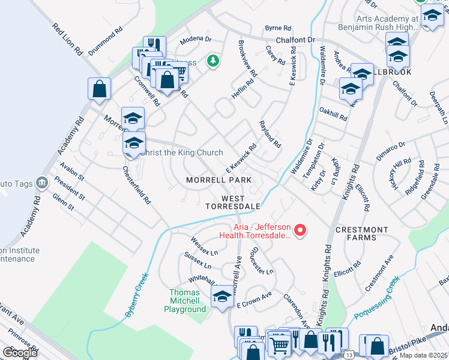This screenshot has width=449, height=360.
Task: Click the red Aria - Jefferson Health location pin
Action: (301, 230)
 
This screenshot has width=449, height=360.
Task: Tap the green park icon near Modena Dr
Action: (212, 61)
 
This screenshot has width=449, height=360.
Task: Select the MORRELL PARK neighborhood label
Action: (218, 180)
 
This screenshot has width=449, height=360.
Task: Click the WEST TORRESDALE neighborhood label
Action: (233, 202)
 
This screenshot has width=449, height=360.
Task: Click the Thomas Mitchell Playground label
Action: (185, 305)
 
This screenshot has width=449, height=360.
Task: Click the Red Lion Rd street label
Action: (67, 40)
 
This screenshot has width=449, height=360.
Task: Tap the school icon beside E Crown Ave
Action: (221, 296)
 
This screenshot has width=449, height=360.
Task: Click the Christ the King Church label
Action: (181, 153)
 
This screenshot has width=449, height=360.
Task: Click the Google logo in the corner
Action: (19, 352)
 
